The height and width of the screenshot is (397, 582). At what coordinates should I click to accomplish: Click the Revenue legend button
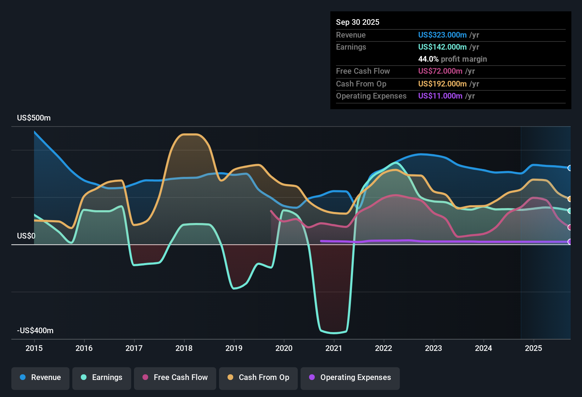tap(40, 378)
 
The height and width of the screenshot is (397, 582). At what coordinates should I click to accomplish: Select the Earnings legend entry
tap(102, 378)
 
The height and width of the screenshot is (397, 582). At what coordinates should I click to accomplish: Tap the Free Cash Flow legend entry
tap(175, 378)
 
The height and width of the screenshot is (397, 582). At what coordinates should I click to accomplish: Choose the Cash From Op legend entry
tap(258, 378)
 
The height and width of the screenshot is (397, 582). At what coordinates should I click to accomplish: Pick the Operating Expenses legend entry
tap(350, 378)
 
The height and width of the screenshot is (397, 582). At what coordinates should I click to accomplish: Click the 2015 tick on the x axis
tap(34, 348)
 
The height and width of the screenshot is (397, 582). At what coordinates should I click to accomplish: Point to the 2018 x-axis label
tap(184, 348)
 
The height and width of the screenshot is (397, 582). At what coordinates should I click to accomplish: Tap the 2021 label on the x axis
tap(334, 348)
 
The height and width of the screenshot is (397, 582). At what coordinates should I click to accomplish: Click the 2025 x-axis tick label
tap(533, 348)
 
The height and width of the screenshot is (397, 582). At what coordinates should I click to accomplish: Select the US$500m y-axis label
tap(34, 118)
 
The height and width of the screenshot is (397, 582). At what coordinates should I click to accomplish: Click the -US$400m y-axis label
tap(35, 331)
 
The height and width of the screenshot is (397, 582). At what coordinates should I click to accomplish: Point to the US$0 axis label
tap(26, 236)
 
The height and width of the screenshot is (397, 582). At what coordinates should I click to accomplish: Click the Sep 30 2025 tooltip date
tap(358, 22)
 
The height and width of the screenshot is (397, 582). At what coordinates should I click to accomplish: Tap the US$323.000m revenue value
tap(442, 35)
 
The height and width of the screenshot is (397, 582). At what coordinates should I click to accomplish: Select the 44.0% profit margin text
tap(453, 59)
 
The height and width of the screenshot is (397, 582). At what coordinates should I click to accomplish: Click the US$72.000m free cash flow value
tap(440, 71)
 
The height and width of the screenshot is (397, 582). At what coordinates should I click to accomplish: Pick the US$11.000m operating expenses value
tap(440, 96)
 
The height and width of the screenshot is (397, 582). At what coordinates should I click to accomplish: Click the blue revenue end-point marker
tap(570, 168)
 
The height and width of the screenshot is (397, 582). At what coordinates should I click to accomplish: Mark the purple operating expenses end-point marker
tap(570, 242)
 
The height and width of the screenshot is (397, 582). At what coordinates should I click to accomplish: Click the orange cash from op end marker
tap(570, 199)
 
